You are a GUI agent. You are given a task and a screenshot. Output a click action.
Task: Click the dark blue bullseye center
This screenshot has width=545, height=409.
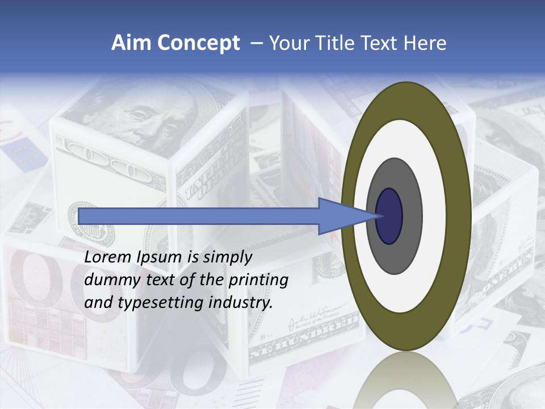tap(389, 216)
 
